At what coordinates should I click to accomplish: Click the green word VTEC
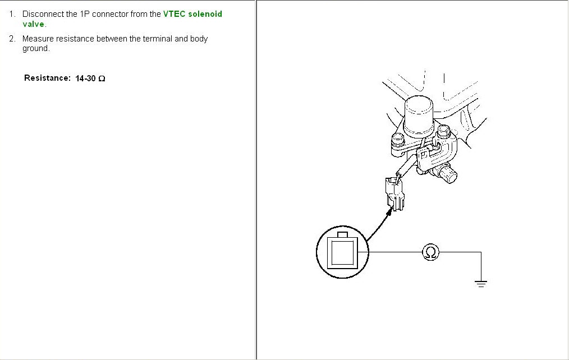(x=174, y=14)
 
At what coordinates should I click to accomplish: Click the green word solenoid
(x=205, y=14)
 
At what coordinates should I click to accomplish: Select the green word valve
(x=33, y=24)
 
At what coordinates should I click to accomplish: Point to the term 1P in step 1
(x=85, y=14)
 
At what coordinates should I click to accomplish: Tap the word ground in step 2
(x=35, y=49)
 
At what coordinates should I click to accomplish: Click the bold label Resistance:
(x=47, y=78)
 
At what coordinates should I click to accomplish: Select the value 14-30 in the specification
(x=85, y=79)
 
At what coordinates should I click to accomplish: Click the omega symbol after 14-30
(x=102, y=79)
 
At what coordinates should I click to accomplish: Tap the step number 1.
(x=12, y=14)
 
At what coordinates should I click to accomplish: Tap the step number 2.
(x=12, y=39)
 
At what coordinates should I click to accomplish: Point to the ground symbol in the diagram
(x=481, y=283)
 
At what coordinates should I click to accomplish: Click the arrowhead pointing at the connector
(x=389, y=211)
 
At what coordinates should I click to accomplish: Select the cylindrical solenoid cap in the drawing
(x=419, y=117)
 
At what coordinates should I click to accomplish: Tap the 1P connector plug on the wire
(x=394, y=193)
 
